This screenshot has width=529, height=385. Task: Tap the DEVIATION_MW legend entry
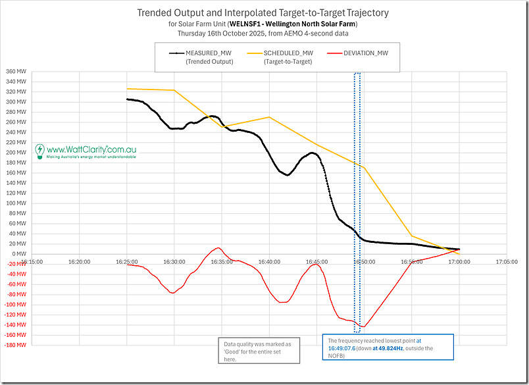click(370, 53)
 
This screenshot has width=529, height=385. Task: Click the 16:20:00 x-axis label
click(79, 261)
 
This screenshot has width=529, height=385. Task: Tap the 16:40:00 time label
click(269, 261)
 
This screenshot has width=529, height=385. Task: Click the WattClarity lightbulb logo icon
click(39, 151)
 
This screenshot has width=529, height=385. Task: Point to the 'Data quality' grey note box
click(259, 350)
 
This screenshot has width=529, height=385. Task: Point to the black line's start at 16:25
click(127, 99)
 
